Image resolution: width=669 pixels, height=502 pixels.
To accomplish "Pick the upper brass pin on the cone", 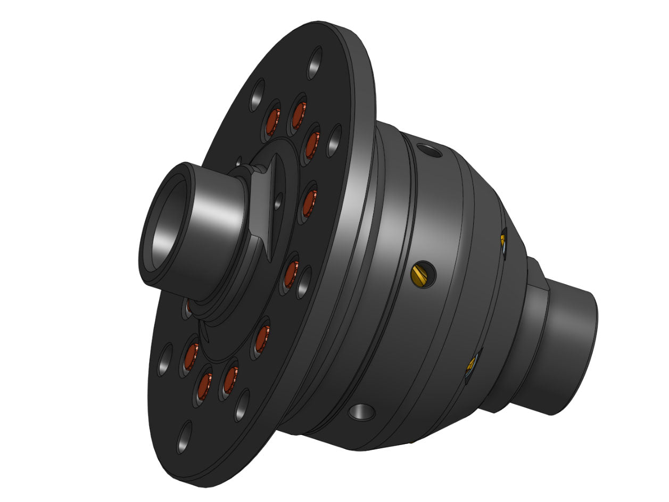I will click(x=503, y=240).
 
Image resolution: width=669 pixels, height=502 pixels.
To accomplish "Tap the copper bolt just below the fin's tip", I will click(x=291, y=274).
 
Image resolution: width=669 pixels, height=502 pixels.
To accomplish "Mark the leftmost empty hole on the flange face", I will click(x=165, y=360).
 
